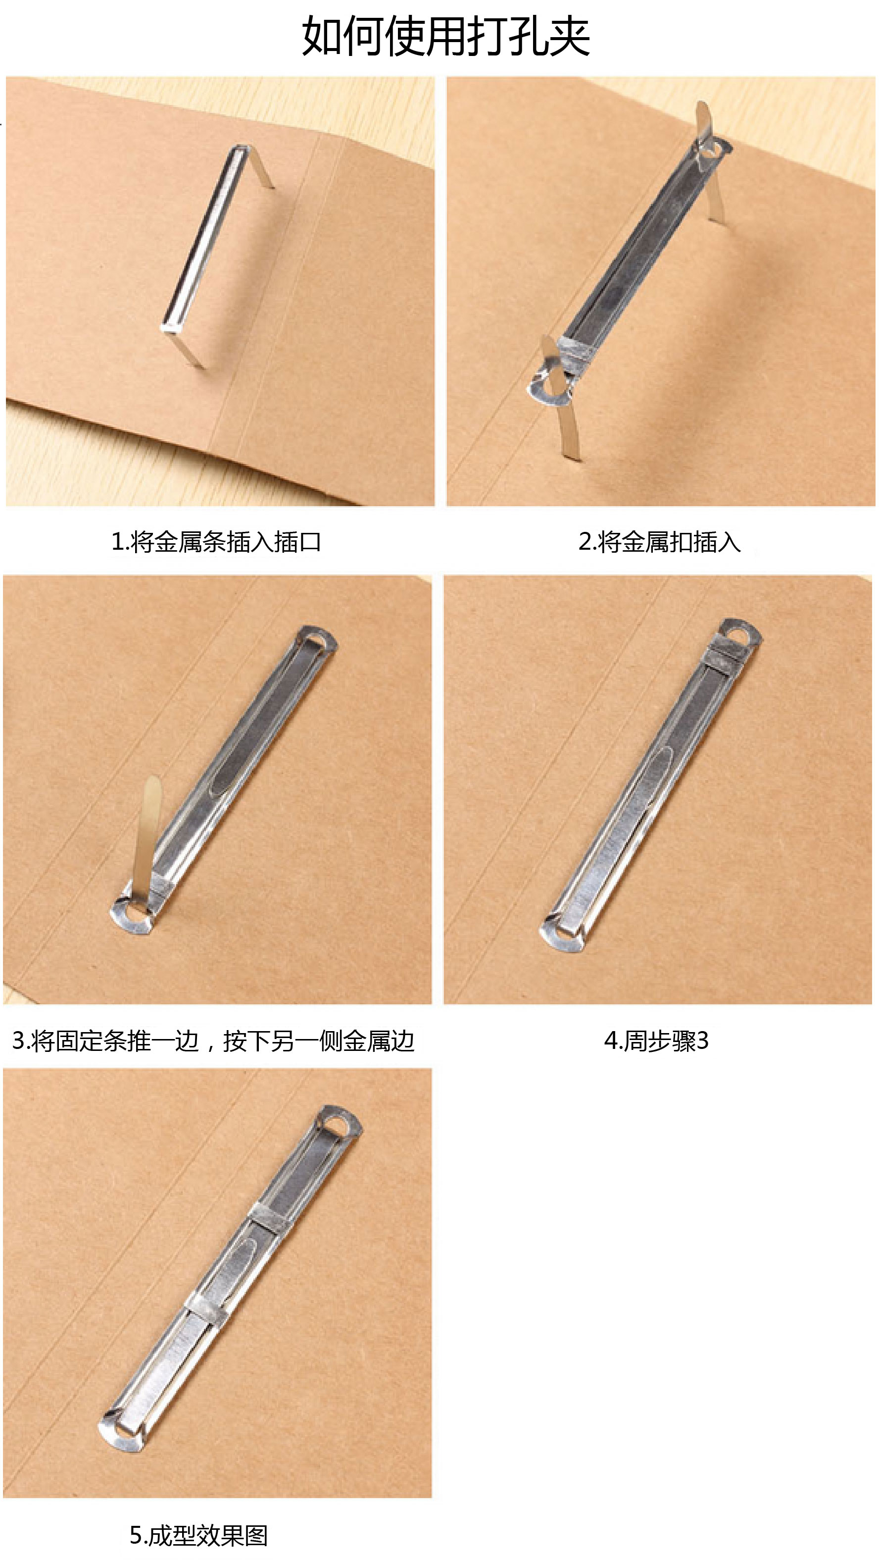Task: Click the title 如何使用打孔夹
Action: click(445, 36)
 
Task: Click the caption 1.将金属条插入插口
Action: click(216, 541)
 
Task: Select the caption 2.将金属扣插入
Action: click(659, 541)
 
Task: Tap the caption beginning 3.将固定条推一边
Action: click(213, 1041)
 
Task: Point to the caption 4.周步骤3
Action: click(656, 1041)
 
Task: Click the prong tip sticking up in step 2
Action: click(703, 121)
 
